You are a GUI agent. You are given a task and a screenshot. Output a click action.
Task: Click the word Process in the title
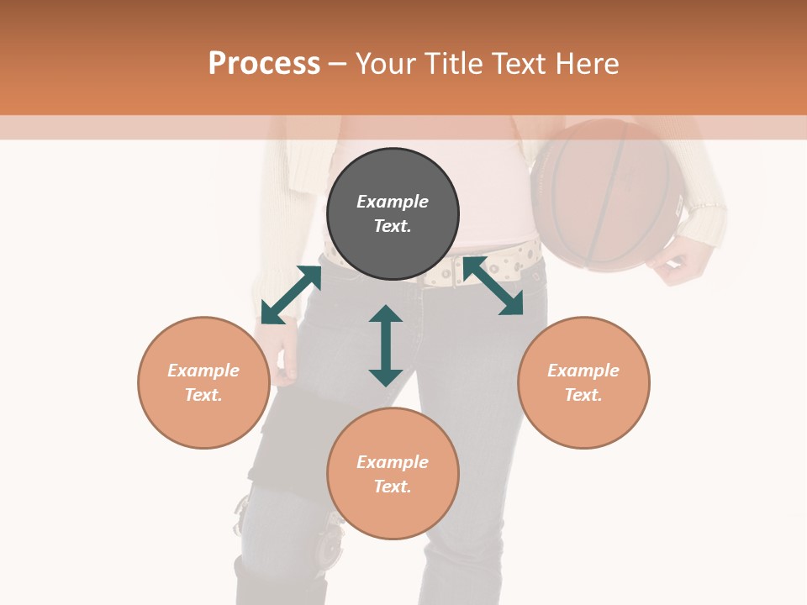[264, 64]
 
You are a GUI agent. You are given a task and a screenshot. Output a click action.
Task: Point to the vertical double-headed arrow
[386, 345]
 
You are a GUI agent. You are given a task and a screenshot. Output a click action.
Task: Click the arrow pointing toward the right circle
[493, 287]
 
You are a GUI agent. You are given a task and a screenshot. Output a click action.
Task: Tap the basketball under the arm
[605, 193]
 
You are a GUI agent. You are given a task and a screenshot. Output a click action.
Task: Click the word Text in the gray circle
[392, 226]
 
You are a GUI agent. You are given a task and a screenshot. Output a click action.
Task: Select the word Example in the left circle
[203, 371]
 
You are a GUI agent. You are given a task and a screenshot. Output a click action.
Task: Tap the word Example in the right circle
[583, 371]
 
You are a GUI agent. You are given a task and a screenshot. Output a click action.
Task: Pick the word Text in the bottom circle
[392, 487]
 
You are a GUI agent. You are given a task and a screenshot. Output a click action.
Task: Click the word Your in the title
[388, 64]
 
